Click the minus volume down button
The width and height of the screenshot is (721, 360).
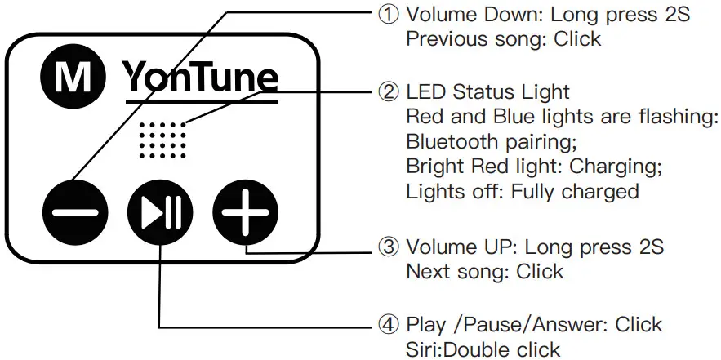75,213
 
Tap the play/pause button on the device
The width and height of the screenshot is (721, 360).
160,213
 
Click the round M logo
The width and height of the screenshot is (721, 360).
76,78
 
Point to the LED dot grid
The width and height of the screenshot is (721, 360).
162,140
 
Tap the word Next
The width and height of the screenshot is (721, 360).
426,271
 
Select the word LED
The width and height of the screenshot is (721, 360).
425,92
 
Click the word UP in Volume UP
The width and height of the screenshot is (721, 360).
499,247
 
